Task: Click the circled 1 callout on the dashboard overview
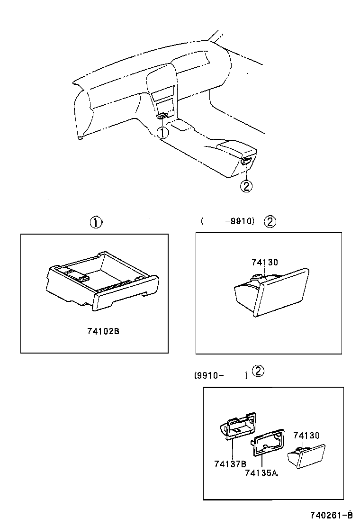(162, 133)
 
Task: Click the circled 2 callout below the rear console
(245, 186)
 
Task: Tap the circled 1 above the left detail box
(96, 222)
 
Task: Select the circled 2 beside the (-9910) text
(270, 221)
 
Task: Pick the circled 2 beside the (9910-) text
(258, 371)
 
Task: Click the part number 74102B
(103, 331)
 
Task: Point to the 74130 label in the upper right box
(264, 262)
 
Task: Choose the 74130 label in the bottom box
(306, 435)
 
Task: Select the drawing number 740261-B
(332, 515)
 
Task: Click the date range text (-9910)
(228, 221)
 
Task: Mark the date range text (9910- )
(221, 375)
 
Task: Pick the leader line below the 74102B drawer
(100, 318)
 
